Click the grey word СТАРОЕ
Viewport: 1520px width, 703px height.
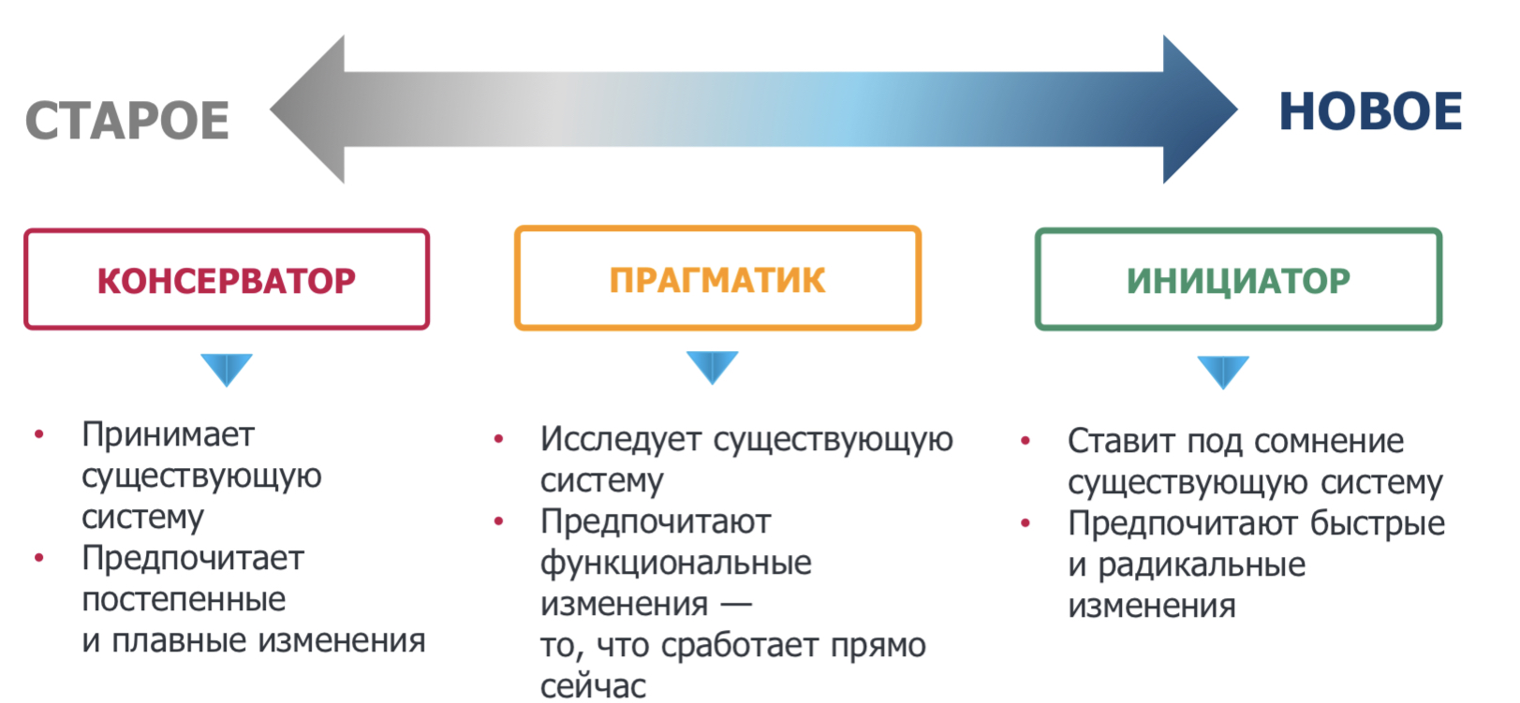(126, 120)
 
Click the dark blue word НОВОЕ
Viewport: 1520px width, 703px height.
(1370, 111)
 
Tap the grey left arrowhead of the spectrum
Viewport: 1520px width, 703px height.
(308, 110)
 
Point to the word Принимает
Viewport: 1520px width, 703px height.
(168, 435)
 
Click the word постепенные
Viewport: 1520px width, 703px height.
(184, 599)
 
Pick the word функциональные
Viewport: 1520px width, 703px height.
(676, 564)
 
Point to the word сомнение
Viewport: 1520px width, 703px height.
(1329, 441)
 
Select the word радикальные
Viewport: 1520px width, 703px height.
(1201, 565)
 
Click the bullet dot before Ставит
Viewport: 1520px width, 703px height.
(1026, 441)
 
